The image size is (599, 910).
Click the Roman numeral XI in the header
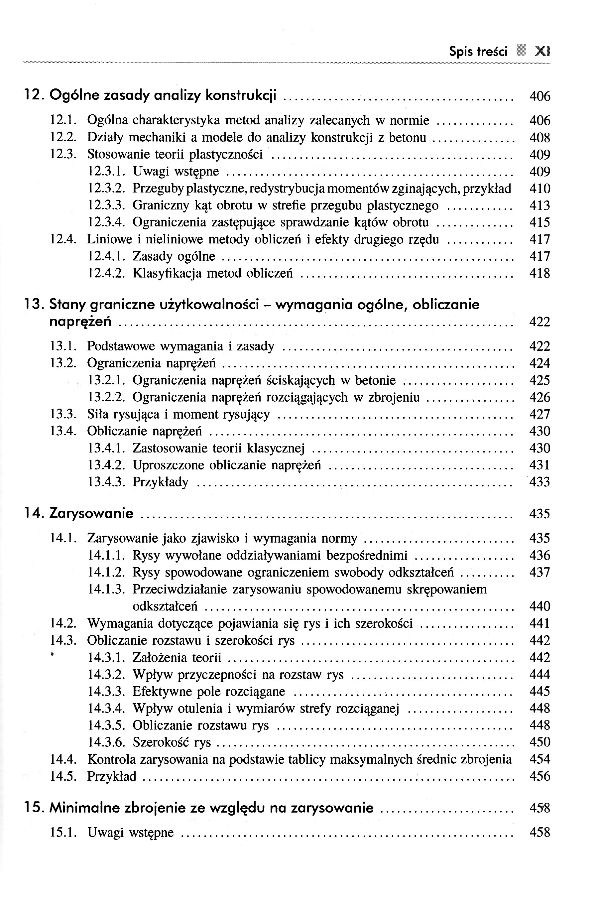(x=542, y=51)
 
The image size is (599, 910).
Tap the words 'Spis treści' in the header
(x=478, y=51)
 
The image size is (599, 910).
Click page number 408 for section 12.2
(x=539, y=138)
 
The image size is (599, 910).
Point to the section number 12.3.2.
(x=107, y=189)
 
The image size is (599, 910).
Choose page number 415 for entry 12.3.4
(x=539, y=222)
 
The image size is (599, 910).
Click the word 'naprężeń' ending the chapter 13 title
(x=80, y=322)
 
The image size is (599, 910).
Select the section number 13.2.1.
(x=107, y=380)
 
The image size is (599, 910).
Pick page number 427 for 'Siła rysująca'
(x=539, y=415)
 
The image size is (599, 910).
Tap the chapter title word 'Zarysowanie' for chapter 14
(x=91, y=513)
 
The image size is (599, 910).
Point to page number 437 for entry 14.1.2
(x=539, y=573)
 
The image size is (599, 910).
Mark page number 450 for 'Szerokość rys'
(x=539, y=742)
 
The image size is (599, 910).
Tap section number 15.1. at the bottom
(x=63, y=833)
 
